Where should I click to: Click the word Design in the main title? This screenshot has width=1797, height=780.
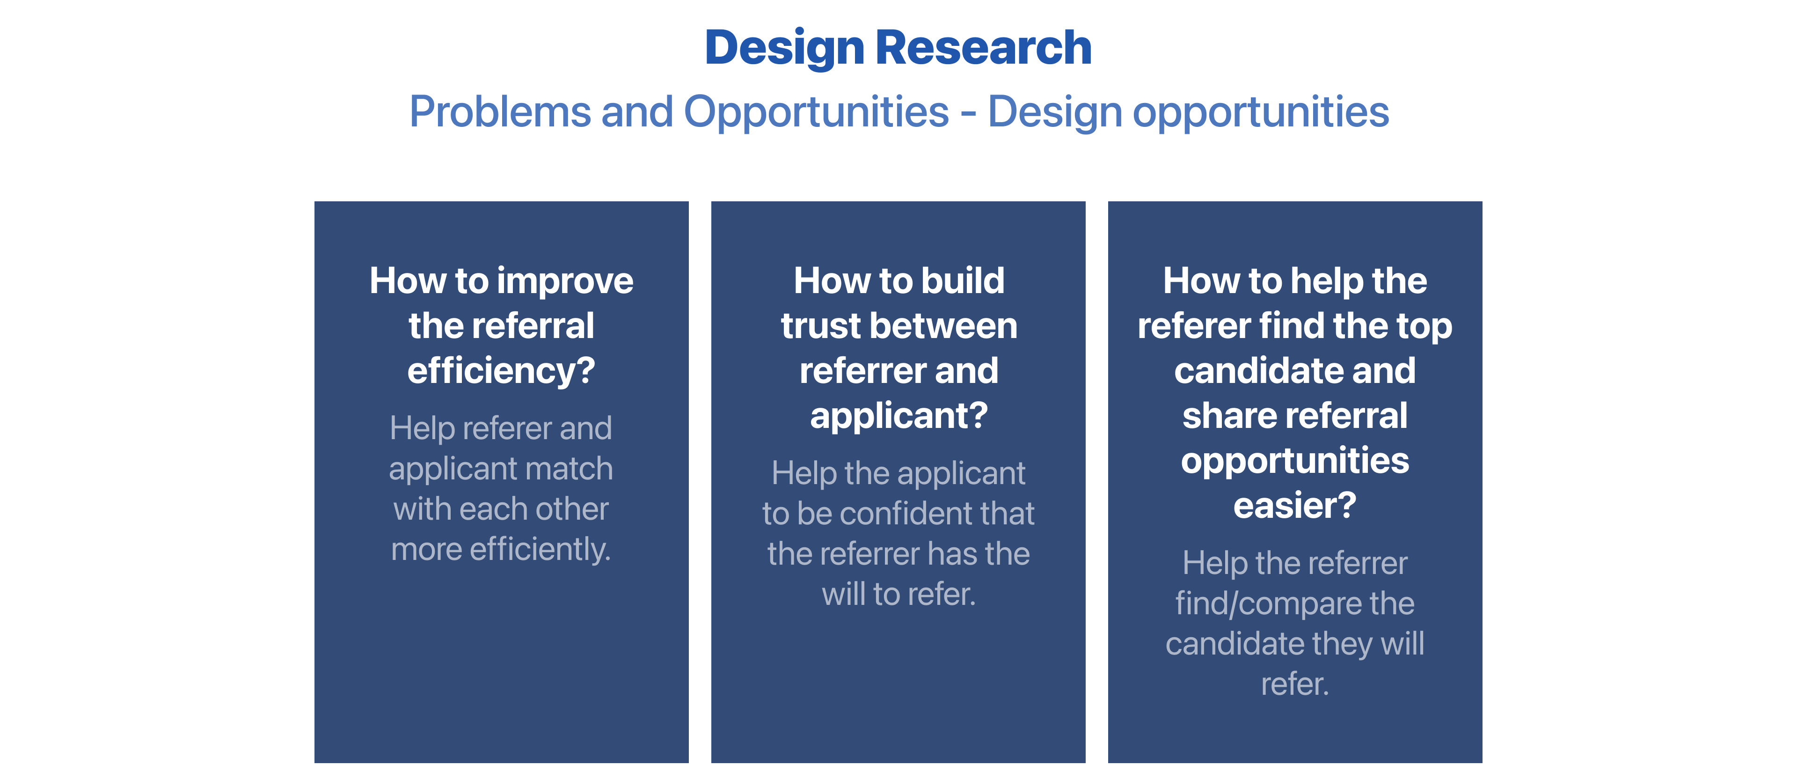pyautogui.click(x=784, y=49)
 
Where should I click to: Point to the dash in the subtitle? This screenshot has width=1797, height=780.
pyautogui.click(x=968, y=114)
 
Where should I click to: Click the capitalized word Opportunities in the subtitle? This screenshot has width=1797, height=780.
pyautogui.click(x=816, y=113)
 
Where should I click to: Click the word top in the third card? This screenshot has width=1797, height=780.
pyautogui.click(x=1427, y=328)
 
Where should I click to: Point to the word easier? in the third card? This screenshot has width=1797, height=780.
pyautogui.click(x=1295, y=506)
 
